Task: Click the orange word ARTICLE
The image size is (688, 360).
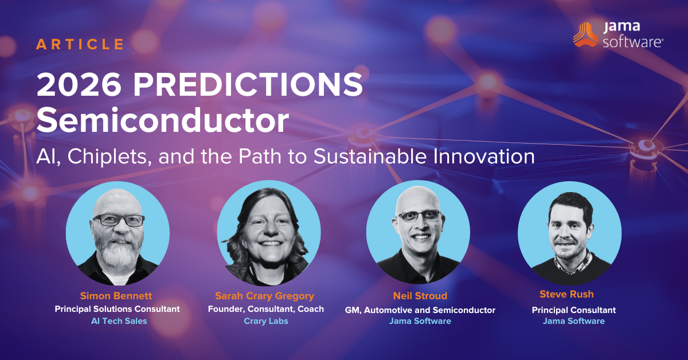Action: pos(80,44)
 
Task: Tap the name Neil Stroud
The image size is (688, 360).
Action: pos(420,296)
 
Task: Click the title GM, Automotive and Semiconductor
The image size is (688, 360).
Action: pos(420,310)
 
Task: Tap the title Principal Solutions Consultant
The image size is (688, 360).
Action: pos(118,309)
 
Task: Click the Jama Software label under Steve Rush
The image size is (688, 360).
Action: pos(573,321)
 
